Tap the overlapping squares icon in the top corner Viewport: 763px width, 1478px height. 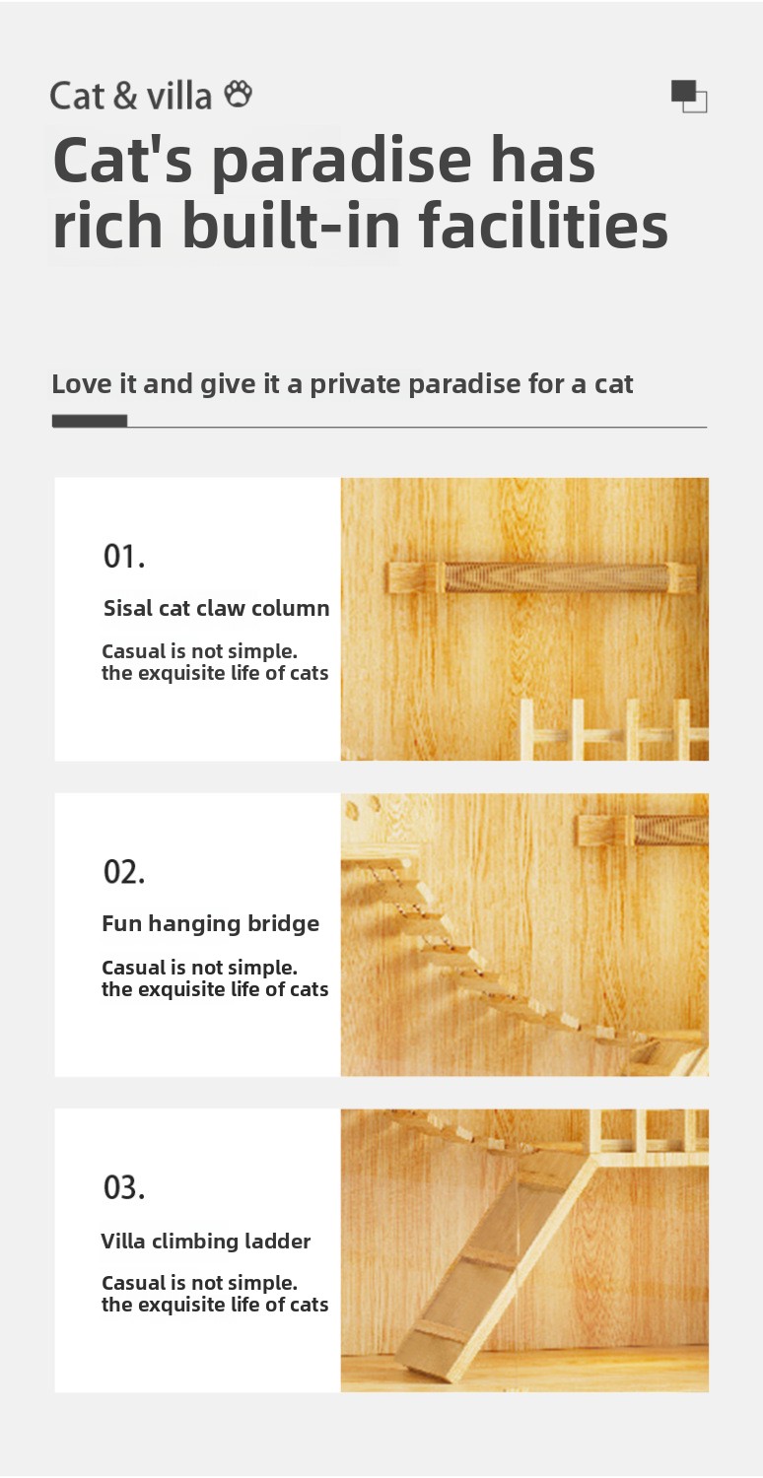689,97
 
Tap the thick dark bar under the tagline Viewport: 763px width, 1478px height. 90,421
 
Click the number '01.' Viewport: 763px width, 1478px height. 124,557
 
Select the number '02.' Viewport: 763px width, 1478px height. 124,872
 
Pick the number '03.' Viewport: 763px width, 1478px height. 124,1187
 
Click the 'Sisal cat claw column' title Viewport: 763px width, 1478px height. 217,608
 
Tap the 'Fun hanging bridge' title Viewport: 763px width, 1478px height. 211,924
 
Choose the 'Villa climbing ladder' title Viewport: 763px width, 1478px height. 205,1242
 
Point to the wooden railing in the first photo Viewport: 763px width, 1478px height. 614,729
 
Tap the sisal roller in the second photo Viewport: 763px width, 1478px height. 671,830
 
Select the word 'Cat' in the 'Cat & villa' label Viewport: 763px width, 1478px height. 77,97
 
